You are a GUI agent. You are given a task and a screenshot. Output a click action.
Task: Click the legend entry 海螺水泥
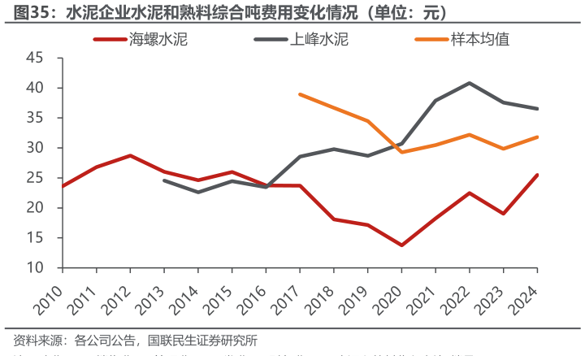[x=158, y=39]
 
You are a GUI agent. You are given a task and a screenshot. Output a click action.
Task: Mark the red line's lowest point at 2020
[x=401, y=245]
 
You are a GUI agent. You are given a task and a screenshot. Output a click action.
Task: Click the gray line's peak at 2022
[x=470, y=83]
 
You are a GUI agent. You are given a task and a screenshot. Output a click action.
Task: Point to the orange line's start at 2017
[x=300, y=94]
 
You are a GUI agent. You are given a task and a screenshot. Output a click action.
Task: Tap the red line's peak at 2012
[x=131, y=155]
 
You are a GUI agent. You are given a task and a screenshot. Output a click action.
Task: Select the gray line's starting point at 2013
[x=165, y=180]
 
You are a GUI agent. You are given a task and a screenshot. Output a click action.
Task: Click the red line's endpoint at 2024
[x=536, y=175]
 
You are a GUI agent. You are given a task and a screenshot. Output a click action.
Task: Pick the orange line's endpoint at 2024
[x=536, y=137]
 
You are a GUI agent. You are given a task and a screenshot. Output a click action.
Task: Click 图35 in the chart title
[x=22, y=13]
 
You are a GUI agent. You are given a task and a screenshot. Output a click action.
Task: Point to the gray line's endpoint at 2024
[x=536, y=108]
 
